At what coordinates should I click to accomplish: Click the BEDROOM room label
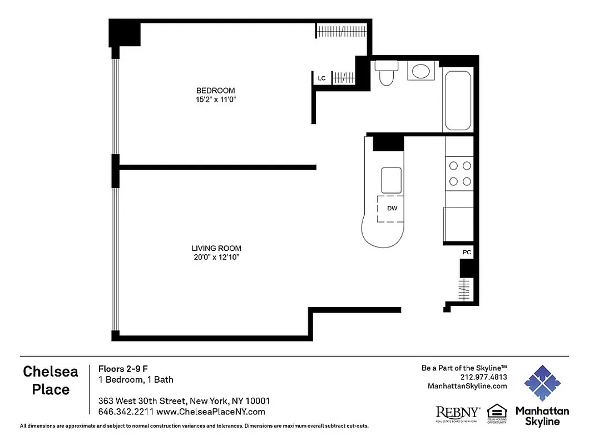tap(215, 90)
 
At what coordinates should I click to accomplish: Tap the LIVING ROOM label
tap(216, 248)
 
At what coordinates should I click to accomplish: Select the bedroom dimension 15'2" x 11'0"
tap(216, 100)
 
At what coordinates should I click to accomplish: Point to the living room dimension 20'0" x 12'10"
tap(216, 258)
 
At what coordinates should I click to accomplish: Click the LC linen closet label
tap(321, 78)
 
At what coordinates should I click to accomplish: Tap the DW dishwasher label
tap(392, 209)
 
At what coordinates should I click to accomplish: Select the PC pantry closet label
tap(467, 252)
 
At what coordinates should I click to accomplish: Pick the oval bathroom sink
tap(420, 71)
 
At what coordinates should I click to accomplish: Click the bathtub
tap(458, 100)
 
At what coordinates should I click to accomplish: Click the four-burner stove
tap(459, 173)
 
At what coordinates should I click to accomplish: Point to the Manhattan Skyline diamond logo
tap(542, 383)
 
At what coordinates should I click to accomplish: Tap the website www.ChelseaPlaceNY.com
tap(211, 412)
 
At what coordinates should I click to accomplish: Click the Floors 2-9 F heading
tap(123, 368)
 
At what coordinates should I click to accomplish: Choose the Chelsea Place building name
tap(51, 380)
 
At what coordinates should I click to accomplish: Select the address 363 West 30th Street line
tap(184, 400)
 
